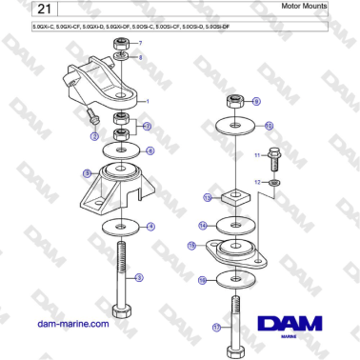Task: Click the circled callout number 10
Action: coord(269,125)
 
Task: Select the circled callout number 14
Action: coord(204,225)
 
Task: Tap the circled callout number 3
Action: coord(139,277)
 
